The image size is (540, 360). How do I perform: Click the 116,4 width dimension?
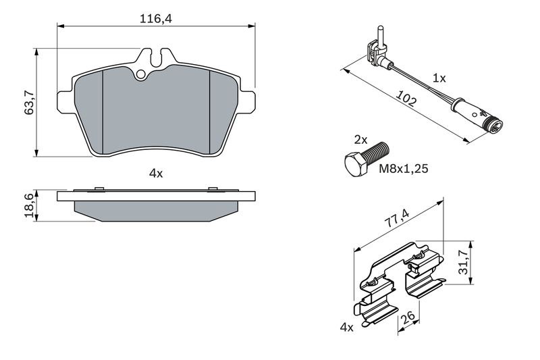click(x=156, y=18)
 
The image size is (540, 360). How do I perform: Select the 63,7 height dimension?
click(x=29, y=102)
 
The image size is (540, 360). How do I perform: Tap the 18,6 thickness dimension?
click(x=29, y=205)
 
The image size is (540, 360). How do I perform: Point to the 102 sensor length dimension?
click(x=406, y=98)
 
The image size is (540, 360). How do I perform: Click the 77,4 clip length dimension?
click(x=397, y=218)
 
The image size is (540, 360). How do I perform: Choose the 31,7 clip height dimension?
click(x=464, y=262)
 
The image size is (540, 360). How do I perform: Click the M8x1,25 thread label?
click(x=403, y=168)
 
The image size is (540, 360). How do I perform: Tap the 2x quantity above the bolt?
click(x=361, y=140)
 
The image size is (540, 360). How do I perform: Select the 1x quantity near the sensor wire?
click(x=439, y=78)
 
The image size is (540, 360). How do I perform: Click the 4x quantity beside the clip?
click(x=346, y=328)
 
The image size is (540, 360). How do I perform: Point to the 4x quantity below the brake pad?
click(x=156, y=174)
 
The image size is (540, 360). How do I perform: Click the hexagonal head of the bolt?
click(x=356, y=165)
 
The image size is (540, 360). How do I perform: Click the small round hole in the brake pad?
click(x=141, y=74)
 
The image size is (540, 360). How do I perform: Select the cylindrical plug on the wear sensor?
click(x=478, y=114)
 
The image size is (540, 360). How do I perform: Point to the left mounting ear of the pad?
click(x=65, y=102)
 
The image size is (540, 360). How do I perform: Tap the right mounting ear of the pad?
click(x=246, y=102)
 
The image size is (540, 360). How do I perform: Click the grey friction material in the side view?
click(x=156, y=211)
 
